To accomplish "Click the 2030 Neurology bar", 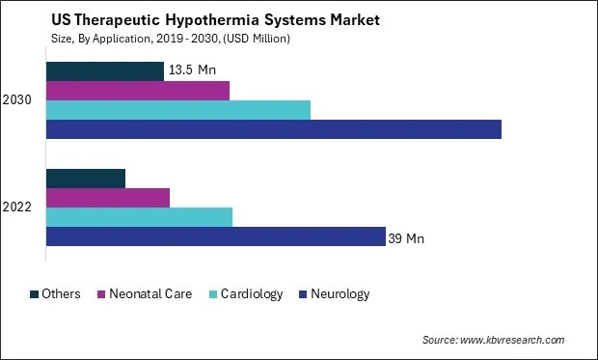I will (274, 129).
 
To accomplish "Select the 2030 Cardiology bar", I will (178, 110).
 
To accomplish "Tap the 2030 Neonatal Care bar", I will (138, 91).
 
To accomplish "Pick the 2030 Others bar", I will (105, 71).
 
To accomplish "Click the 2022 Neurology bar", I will (216, 236).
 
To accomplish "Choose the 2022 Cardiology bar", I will (140, 217).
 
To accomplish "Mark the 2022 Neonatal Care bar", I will (108, 198).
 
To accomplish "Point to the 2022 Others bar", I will (86, 179).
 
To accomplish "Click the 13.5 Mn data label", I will (193, 71).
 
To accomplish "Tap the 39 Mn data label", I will (406, 237).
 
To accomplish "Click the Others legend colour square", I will (35, 294).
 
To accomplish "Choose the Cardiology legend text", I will (251, 294).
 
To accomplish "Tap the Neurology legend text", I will (340, 294).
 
